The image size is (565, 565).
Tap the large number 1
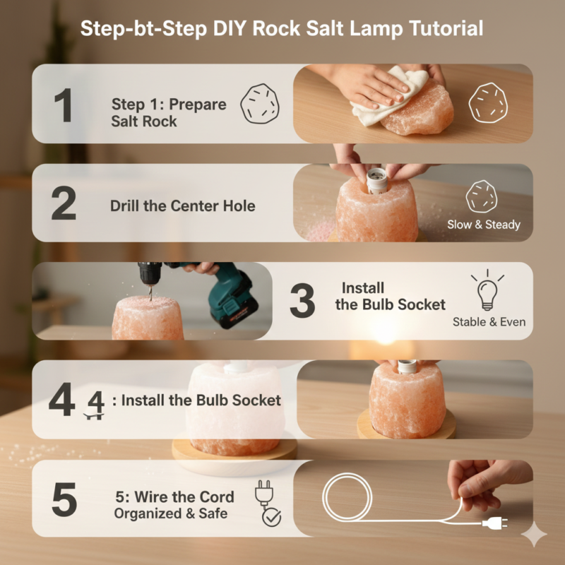click(x=64, y=105)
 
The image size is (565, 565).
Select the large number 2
click(x=64, y=203)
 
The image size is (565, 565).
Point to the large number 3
click(x=302, y=301)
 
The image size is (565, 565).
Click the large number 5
click(x=64, y=499)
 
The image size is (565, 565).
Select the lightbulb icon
click(x=487, y=290)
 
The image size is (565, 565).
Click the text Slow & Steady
click(x=484, y=225)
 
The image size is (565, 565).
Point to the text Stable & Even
click(x=489, y=322)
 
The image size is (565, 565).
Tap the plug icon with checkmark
click(x=268, y=504)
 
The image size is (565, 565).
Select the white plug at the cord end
click(x=496, y=523)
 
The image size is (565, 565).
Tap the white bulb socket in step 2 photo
click(x=377, y=181)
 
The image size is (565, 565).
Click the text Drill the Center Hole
click(x=183, y=206)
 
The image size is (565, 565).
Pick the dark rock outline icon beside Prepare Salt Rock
click(x=260, y=104)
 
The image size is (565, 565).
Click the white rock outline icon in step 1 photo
click(x=488, y=103)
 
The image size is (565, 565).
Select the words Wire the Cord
click(x=184, y=497)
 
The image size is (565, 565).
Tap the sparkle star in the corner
click(x=534, y=534)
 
